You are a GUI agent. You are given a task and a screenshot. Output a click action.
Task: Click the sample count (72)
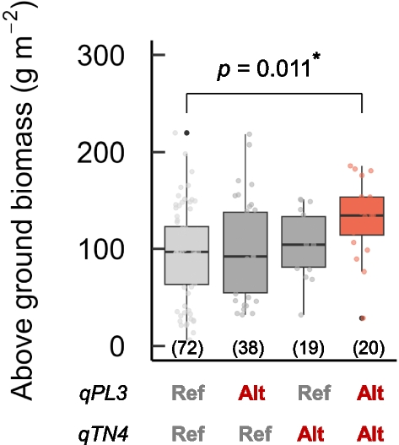[186, 347]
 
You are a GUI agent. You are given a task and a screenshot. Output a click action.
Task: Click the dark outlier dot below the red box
[362, 318]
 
